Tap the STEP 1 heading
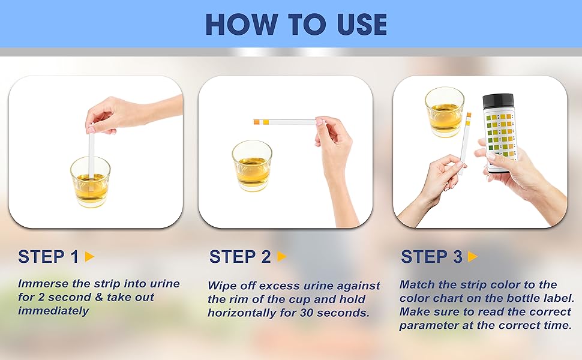click(x=49, y=257)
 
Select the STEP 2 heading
click(x=240, y=257)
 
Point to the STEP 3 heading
click(x=431, y=257)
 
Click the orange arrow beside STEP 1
click(x=89, y=256)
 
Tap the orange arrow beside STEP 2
click(x=282, y=256)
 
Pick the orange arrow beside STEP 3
click(x=473, y=256)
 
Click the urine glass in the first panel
click(x=90, y=181)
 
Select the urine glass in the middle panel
click(x=252, y=166)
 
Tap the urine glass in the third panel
click(x=445, y=112)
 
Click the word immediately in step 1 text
click(x=53, y=311)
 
